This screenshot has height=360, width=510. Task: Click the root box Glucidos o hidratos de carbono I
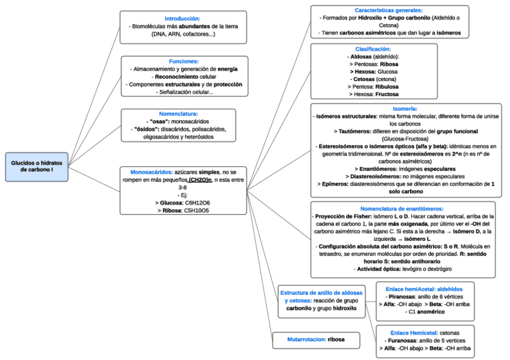[37, 166]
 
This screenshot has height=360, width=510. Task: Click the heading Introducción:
[183, 19]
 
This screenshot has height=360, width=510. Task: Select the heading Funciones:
[183, 61]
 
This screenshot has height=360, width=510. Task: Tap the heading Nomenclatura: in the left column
[183, 113]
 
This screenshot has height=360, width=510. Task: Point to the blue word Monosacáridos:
[147, 172]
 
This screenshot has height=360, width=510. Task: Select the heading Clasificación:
[373, 49]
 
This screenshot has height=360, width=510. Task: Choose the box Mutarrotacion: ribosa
[316, 340]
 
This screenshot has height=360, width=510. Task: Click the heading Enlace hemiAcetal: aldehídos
[425, 288]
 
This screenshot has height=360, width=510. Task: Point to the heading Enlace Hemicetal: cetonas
[425, 332]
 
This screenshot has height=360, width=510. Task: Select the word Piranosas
[402, 296]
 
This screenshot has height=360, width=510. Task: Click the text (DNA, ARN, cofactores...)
[183, 34]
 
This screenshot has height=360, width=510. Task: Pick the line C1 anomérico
[425, 312]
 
